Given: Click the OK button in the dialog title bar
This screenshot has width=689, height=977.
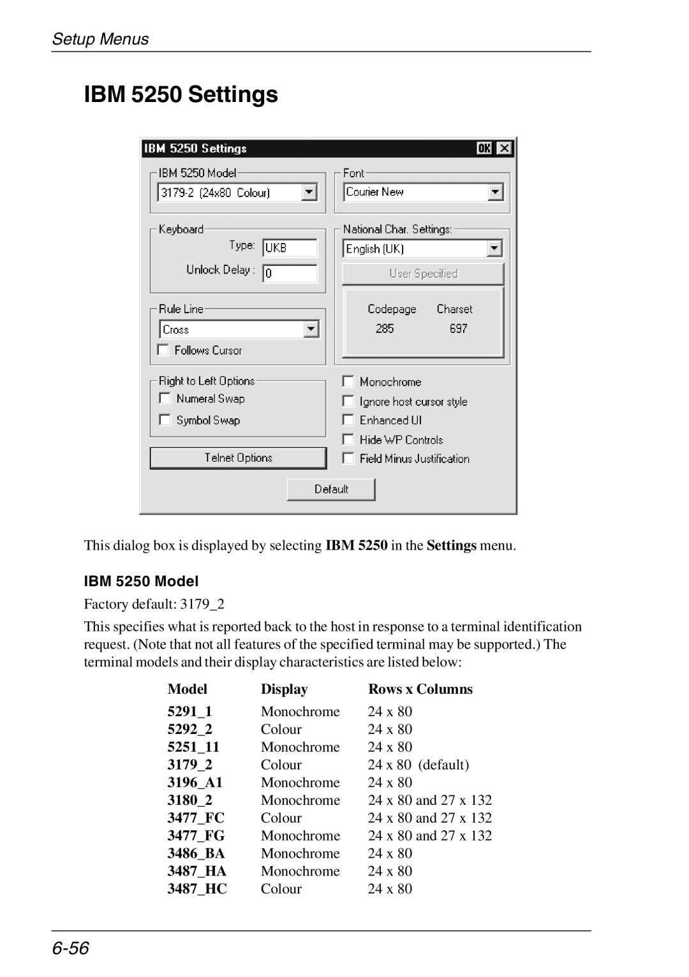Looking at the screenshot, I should tap(484, 149).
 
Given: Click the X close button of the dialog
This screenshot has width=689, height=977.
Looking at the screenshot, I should tap(504, 149).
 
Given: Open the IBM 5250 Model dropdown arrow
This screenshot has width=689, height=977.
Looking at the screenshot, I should tap(309, 192).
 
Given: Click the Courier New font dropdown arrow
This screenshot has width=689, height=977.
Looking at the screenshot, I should tap(496, 192).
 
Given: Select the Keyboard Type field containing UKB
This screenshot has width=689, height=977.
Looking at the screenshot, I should tap(290, 247).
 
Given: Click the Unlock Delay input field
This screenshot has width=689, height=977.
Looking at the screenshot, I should tap(290, 273).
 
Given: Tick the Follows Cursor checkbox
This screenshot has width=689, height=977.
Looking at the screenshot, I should tap(164, 350).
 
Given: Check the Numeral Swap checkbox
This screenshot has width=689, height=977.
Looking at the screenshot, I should tap(165, 399).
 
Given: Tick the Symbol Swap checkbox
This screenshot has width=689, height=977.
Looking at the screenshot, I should tap(165, 420).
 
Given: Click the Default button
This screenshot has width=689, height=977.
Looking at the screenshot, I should tap(331, 489).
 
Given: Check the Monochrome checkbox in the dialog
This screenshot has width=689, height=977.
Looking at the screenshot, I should tap(348, 381).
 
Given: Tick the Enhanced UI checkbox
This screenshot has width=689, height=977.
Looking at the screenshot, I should tap(348, 420).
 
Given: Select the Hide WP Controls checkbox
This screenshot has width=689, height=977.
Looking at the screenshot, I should tap(348, 439).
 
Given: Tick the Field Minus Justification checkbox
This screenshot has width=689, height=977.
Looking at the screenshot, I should tap(348, 459).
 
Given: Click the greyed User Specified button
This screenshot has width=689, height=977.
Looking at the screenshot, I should tap(423, 274).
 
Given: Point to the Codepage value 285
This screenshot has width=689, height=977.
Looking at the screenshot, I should tap(385, 328).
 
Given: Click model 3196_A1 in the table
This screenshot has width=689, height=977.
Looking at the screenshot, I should tap(195, 782).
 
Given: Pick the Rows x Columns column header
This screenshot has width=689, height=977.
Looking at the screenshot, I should tap(420, 689).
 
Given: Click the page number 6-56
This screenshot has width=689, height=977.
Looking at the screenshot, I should tap(71, 948).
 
